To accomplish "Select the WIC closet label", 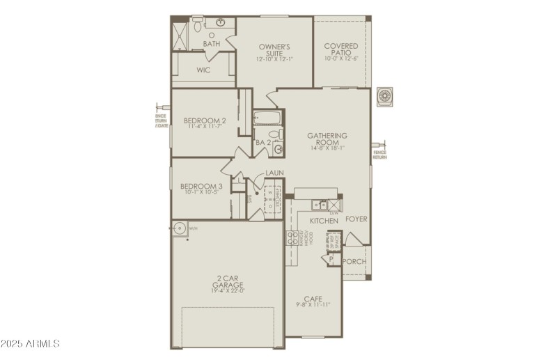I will [203, 70].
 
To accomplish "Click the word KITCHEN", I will [324, 221].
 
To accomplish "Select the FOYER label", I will [356, 219].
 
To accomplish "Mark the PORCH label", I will [355, 261].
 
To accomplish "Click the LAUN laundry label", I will [273, 173].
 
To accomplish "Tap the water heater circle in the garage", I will [180, 227].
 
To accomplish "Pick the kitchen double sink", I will [320, 204].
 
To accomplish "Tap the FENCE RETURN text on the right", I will [379, 155].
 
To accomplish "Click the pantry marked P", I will [330, 260].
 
